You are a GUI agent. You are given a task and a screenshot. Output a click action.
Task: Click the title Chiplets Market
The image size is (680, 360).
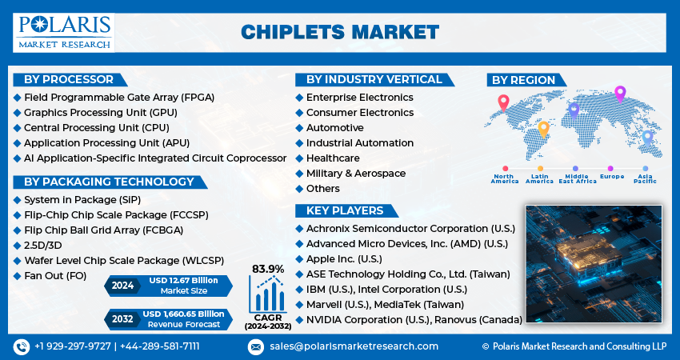pyautogui.click(x=340, y=32)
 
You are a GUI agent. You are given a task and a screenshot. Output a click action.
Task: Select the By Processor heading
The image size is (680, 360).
pyautogui.click(x=69, y=79)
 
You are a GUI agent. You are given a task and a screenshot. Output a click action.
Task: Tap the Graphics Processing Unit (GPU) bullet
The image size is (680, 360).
pyautogui.click(x=100, y=112)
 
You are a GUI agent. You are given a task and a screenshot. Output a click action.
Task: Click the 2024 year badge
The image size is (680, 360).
pyautogui.click(x=123, y=286)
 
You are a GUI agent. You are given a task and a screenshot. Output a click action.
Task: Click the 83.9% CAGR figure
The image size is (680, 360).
pyautogui.click(x=268, y=268)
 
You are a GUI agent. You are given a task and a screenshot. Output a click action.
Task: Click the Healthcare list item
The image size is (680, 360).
pyautogui.click(x=333, y=158)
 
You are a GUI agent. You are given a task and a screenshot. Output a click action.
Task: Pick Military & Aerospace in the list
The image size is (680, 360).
pyautogui.click(x=355, y=174)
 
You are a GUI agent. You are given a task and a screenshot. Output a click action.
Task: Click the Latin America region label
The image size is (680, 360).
pyautogui.click(x=539, y=178)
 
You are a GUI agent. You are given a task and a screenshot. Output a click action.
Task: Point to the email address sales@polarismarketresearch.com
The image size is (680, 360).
pyautogui.click(x=354, y=346)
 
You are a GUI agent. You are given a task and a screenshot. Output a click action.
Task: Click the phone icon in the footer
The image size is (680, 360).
pyautogui.click(x=21, y=346)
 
